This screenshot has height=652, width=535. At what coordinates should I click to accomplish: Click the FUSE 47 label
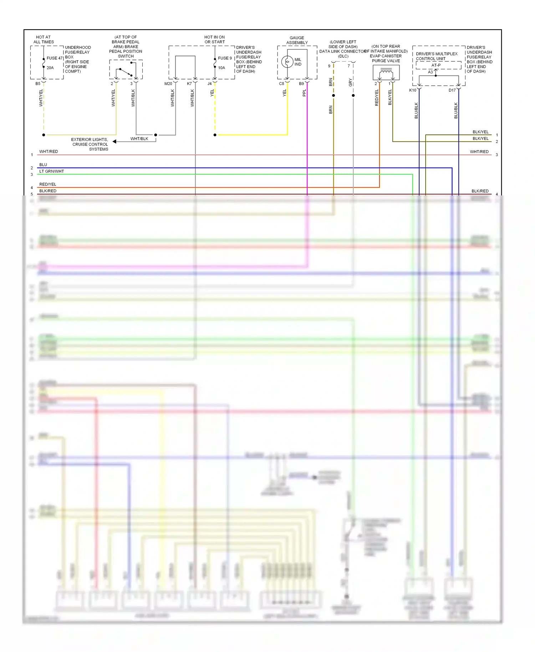tap(55, 58)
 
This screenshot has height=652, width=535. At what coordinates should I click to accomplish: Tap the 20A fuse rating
tap(50, 68)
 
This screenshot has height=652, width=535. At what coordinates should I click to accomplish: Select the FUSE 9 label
tap(225, 58)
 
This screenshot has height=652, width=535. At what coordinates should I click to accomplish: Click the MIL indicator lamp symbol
tap(287, 62)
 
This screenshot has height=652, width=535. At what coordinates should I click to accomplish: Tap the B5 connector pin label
tap(38, 84)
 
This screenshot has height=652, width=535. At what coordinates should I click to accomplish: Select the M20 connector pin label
tap(168, 84)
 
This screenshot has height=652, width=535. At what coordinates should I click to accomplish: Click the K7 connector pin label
tap(189, 84)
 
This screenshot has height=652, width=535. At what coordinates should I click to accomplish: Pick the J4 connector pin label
tap(210, 84)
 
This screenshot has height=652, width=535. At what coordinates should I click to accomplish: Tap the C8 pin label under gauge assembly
tap(281, 84)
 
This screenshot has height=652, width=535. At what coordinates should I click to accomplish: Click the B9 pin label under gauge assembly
tap(301, 84)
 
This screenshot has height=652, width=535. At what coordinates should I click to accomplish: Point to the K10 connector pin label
tap(413, 90)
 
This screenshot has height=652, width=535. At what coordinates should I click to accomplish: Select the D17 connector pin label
tap(452, 90)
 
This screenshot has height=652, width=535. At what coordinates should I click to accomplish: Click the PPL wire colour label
tap(304, 93)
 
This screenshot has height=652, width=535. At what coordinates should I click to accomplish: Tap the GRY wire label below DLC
tap(350, 82)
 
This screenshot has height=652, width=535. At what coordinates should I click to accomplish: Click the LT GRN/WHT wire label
tap(52, 171)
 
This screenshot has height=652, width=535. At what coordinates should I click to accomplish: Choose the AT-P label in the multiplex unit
tap(436, 65)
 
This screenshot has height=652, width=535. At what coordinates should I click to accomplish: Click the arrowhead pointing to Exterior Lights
tap(114, 142)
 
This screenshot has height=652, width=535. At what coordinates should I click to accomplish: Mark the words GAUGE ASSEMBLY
tap(297, 40)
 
